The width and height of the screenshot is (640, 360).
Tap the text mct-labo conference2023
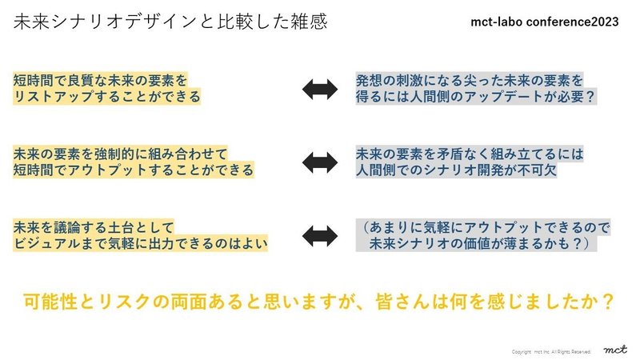[545, 22]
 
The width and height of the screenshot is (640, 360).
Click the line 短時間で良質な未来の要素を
[100, 80]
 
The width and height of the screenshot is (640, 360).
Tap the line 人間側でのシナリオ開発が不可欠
[457, 170]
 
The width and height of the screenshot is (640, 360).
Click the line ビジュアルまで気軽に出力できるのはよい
[140, 244]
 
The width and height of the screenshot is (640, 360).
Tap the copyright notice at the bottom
[551, 351]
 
